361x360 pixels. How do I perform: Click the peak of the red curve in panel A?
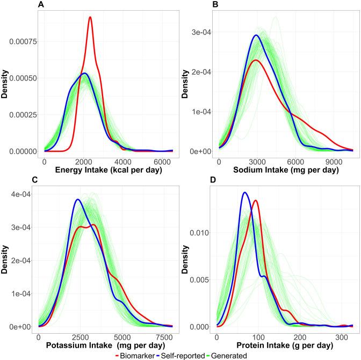[x=90, y=17]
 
